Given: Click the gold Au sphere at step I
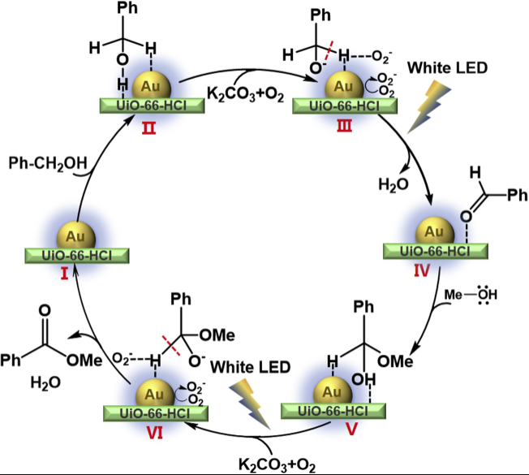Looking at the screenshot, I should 74,235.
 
